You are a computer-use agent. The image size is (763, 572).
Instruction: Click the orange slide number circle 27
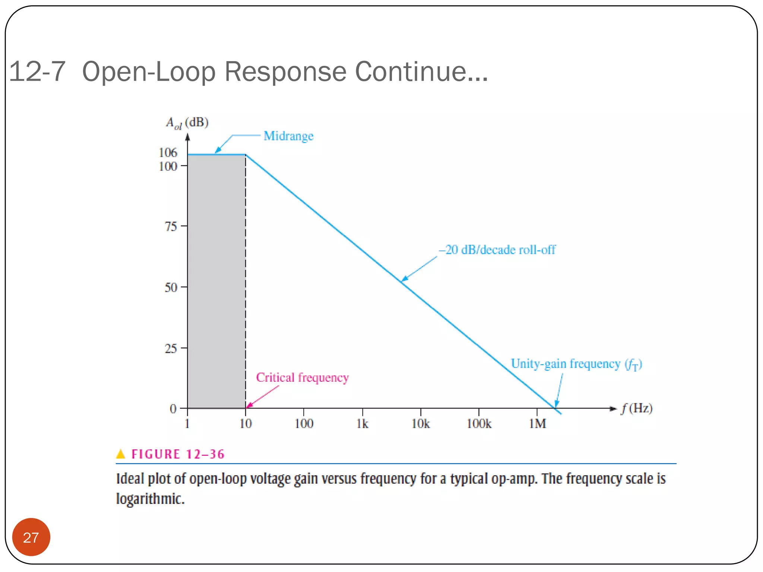31,537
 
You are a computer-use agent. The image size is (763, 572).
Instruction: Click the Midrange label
288,136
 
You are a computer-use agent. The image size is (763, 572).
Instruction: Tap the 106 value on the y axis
168,152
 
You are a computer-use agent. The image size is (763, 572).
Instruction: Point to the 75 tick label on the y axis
171,226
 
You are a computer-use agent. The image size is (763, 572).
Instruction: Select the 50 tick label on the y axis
171,287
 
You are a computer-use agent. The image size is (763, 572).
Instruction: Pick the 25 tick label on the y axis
171,349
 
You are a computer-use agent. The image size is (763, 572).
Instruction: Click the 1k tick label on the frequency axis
362,424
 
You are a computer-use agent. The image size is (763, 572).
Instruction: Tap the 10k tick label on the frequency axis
420,424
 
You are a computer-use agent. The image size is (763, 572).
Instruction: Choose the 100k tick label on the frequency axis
479,424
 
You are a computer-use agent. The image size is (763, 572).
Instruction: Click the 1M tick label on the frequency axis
537,424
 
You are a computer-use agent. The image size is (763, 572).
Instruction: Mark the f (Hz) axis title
636,409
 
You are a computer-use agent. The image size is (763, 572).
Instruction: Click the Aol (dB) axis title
187,123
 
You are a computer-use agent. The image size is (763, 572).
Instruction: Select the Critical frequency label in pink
302,378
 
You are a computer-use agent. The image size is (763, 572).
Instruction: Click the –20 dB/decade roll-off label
497,250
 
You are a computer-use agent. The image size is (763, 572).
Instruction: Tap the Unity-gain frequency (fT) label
576,364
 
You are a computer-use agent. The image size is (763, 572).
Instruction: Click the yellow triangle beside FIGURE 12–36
121,454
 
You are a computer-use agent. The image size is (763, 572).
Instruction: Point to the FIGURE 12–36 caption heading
178,454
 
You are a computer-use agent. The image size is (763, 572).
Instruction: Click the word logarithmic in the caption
150,499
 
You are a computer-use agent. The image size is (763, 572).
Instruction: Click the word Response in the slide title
285,71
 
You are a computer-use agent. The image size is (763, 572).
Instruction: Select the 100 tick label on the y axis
168,166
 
